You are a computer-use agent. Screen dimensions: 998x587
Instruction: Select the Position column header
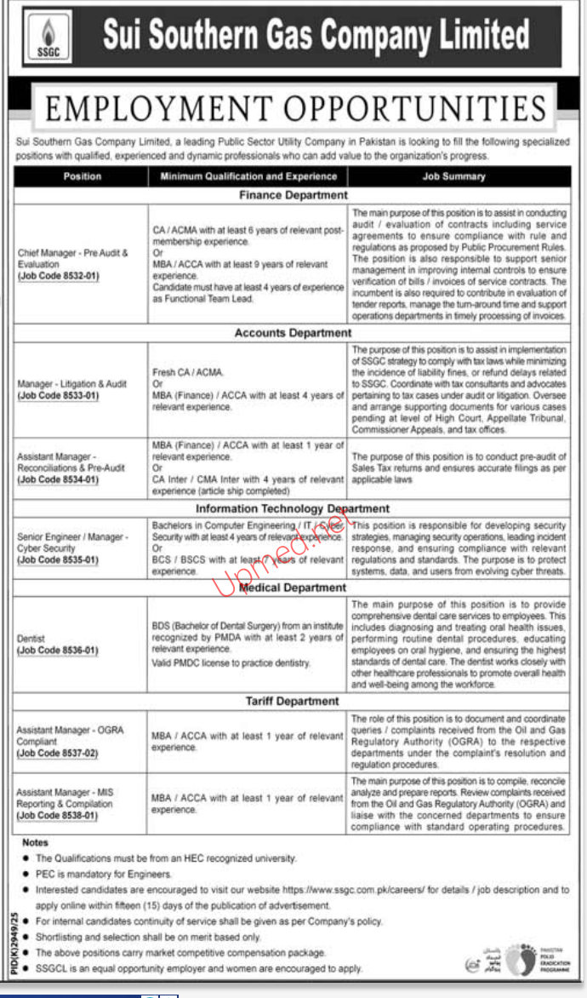pos(82,176)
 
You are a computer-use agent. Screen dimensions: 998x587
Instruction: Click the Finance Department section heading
pos(293,195)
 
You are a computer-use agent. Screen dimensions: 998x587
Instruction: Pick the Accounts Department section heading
pos(293,333)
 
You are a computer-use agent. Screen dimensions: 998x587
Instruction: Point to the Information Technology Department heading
pos(293,508)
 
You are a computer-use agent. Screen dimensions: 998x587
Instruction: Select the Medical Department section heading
pos(293,588)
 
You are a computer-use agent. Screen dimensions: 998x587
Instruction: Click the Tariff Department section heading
pos(293,701)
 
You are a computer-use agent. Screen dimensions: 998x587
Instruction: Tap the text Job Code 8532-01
pos(59,276)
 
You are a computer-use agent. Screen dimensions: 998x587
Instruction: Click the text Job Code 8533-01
pos(59,396)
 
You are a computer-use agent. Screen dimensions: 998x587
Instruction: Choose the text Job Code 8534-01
pos(59,479)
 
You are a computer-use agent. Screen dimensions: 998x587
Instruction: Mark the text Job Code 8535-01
pos(59,559)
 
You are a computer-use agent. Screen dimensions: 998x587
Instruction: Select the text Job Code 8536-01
pos(59,651)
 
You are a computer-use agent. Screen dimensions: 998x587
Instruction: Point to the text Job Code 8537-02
pos(59,754)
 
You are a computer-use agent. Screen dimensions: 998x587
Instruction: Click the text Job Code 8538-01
pos(59,816)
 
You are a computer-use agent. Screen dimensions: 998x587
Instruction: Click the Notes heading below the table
pos(36,842)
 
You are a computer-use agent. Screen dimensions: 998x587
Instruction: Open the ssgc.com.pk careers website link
pos(358,889)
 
